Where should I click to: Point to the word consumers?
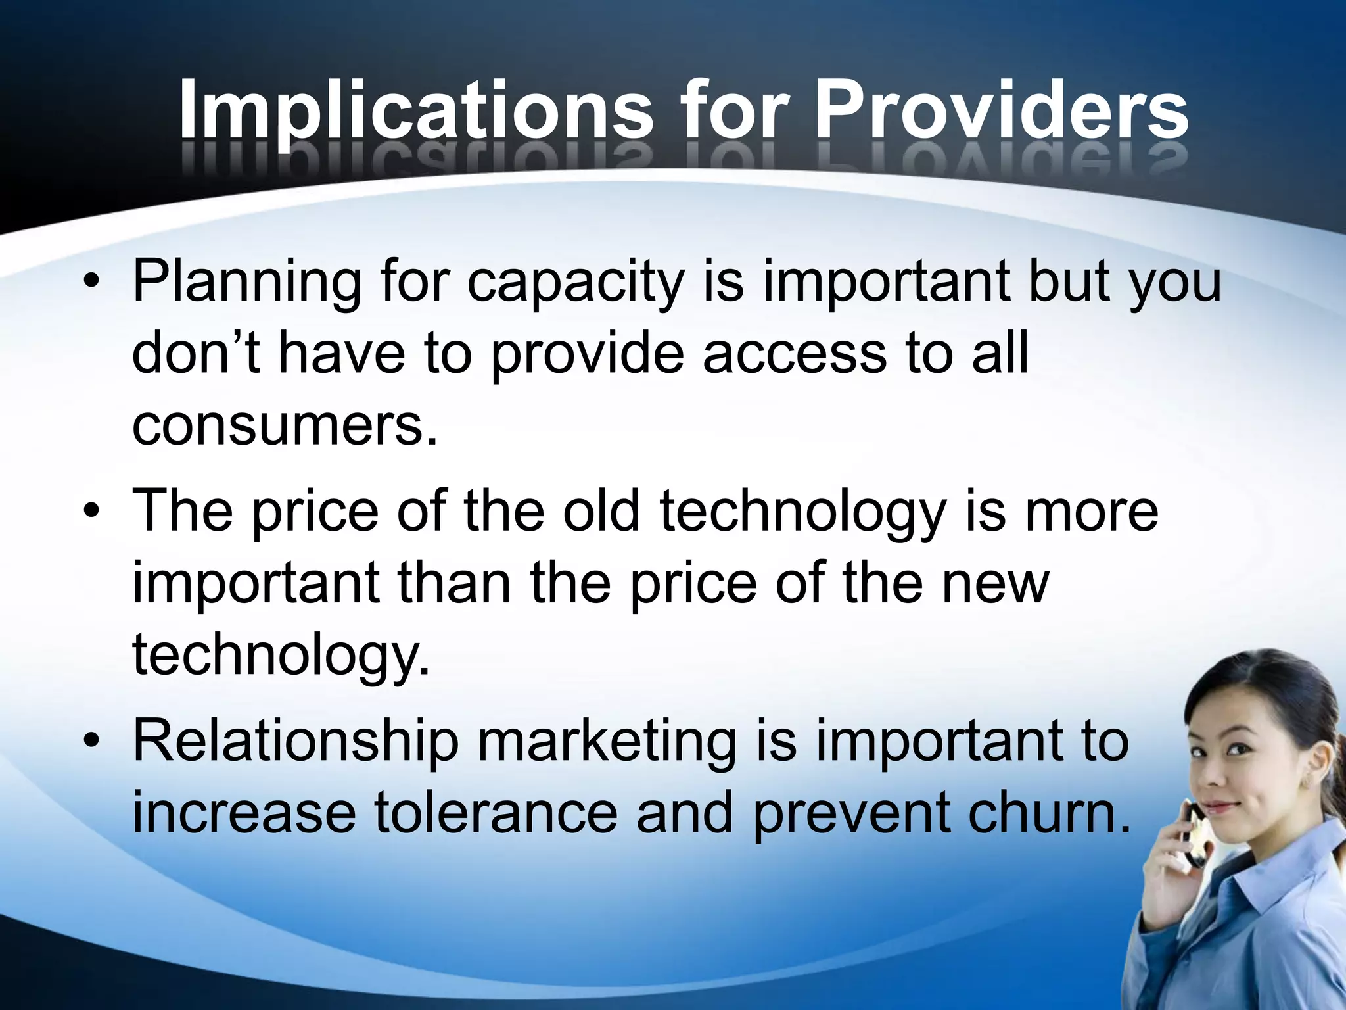click(285, 426)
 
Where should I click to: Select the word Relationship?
click(296, 742)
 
